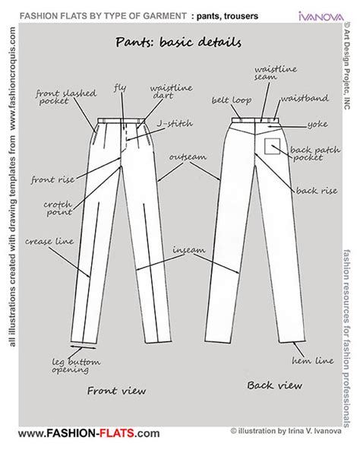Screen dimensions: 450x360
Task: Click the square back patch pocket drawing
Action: tap(272, 147)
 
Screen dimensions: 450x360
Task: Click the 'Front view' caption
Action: tap(115, 391)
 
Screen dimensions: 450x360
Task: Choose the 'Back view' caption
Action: tap(271, 385)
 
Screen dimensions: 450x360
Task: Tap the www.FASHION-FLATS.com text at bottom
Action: tap(87, 433)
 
